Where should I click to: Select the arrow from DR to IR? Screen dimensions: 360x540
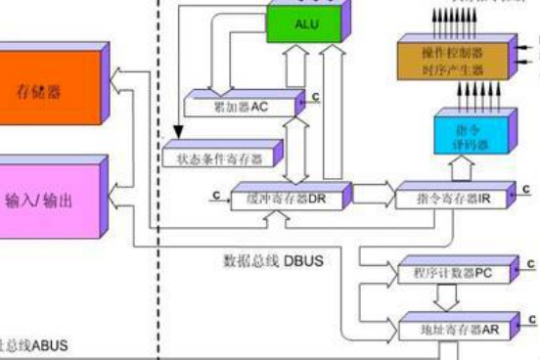click(x=370, y=194)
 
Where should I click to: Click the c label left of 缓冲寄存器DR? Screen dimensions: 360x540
click(x=213, y=195)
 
